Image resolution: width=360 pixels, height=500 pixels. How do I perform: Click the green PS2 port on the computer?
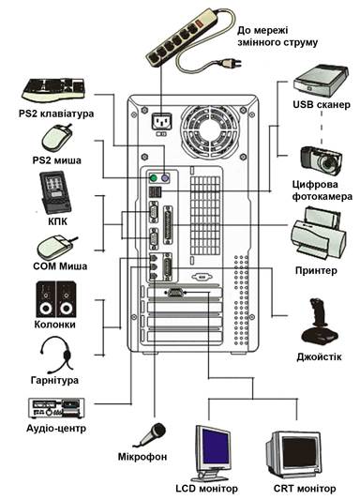point(154,178)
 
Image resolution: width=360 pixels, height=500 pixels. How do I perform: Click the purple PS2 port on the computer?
point(165,178)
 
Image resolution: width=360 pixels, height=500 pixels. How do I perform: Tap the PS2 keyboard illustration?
point(53,89)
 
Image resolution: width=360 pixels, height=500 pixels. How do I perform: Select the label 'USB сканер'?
point(322,104)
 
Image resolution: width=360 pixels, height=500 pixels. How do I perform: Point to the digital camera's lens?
point(327,163)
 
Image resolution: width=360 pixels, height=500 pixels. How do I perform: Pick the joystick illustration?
point(319,321)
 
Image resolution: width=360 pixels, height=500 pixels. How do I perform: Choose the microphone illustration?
point(150,435)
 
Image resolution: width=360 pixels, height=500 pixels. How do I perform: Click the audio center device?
point(56,408)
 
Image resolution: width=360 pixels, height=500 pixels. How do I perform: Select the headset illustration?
point(56,356)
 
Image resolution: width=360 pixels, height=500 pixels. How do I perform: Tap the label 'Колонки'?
point(54,325)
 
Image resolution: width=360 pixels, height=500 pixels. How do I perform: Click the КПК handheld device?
point(54,192)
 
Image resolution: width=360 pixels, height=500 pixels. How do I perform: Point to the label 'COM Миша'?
point(60,266)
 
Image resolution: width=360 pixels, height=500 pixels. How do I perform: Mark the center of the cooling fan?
point(210,131)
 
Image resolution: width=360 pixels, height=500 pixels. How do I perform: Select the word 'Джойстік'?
point(319,356)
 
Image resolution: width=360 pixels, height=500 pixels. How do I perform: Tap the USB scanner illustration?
point(321,81)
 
